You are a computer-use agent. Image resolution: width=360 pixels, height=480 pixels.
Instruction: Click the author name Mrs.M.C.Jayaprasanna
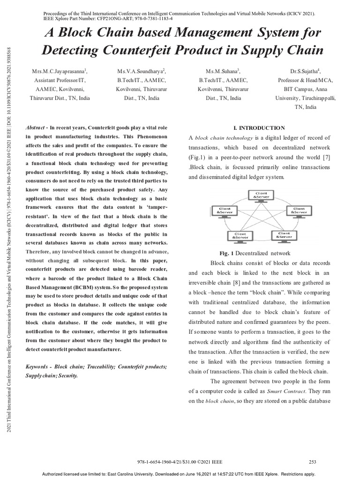coord(59,72)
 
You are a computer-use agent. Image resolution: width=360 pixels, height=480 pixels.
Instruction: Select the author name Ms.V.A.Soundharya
coord(141,72)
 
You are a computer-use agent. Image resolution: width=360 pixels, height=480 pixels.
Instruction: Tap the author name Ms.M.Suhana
coord(219,72)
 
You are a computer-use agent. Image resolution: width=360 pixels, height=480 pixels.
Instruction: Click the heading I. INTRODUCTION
coord(259,127)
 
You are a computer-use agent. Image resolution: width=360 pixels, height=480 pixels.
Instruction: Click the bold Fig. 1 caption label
coord(226,253)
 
